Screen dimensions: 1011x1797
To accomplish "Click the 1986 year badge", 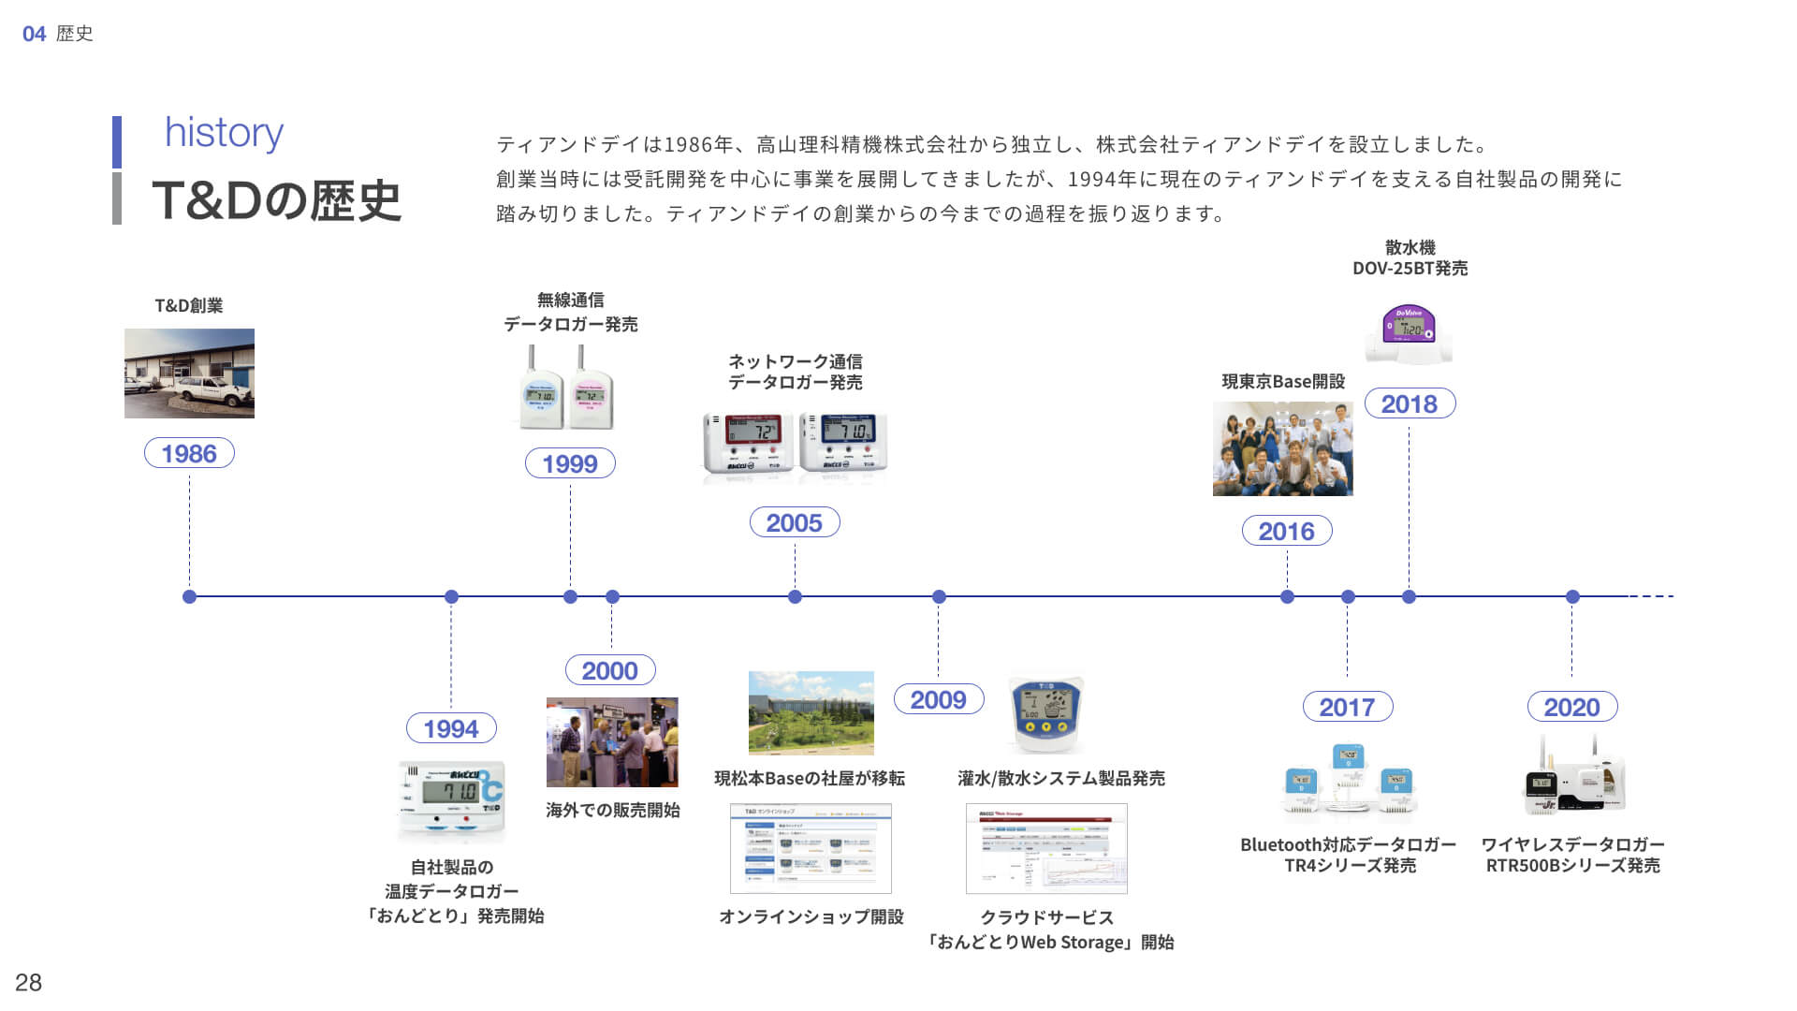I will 189,453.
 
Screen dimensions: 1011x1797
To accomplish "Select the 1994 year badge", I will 451,728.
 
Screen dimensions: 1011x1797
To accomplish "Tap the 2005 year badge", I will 795,522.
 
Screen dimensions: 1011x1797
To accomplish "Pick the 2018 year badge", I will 1409,403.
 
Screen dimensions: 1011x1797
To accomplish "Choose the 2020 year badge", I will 1572,707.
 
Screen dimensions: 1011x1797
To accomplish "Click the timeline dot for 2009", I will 939,596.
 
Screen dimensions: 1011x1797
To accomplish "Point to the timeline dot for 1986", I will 189,596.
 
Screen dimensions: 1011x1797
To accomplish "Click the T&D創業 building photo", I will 189,373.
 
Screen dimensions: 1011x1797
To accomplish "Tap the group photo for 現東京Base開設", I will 1282,448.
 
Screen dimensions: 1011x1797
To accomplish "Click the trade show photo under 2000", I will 612,741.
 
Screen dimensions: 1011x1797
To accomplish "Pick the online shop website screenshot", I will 811,848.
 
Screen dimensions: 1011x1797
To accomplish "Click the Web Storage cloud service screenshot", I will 1046,848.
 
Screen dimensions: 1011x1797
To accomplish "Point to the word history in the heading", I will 224,132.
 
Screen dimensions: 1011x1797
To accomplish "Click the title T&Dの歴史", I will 276,199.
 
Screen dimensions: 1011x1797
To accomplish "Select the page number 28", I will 28,982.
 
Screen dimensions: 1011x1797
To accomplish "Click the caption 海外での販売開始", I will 612,810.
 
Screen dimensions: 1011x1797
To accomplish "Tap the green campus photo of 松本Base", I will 811,712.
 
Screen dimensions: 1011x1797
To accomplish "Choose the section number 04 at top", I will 34,34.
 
